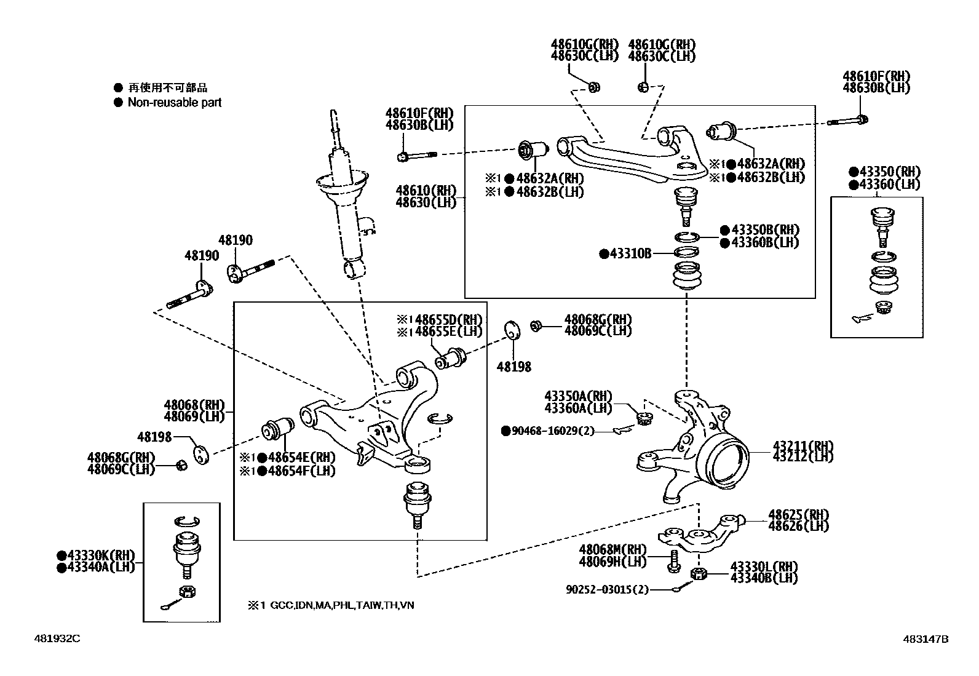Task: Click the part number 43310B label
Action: click(629, 253)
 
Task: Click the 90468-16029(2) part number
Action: click(549, 431)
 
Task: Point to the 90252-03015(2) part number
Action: click(607, 589)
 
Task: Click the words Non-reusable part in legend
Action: click(174, 103)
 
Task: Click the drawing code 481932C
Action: click(57, 638)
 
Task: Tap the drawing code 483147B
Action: click(925, 639)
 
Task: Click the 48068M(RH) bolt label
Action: click(612, 550)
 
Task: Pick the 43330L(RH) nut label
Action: click(764, 567)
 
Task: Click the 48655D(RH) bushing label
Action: click(448, 319)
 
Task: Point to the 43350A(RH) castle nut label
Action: click(578, 396)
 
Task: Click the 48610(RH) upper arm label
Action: click(426, 191)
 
